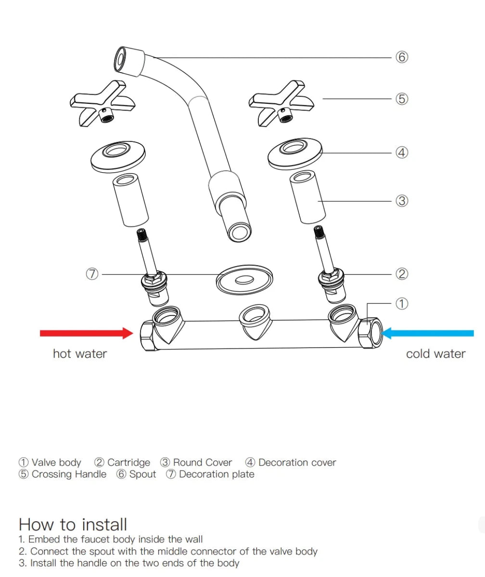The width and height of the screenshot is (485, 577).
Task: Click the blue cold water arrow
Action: click(x=427, y=333)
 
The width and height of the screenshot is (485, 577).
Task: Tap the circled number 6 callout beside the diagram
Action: click(x=402, y=57)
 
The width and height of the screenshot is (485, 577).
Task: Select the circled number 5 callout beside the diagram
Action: click(x=402, y=99)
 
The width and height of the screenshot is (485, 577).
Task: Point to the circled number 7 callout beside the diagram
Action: click(x=92, y=274)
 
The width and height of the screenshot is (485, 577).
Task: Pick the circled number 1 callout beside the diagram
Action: click(x=402, y=303)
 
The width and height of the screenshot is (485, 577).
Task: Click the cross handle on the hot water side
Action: click(x=102, y=103)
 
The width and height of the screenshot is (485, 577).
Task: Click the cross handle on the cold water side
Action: click(x=281, y=103)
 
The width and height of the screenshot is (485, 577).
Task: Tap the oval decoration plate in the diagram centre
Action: click(x=244, y=280)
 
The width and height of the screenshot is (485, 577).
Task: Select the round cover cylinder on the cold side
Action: click(x=307, y=197)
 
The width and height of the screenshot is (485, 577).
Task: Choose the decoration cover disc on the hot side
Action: click(x=118, y=158)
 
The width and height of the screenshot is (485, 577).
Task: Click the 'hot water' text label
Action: click(x=80, y=354)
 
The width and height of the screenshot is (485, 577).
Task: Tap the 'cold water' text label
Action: click(x=436, y=354)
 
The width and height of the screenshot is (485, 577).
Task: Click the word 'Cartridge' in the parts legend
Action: click(x=128, y=462)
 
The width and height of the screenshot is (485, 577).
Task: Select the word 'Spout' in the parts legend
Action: click(x=143, y=474)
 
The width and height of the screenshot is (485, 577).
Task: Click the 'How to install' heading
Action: click(x=73, y=524)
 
